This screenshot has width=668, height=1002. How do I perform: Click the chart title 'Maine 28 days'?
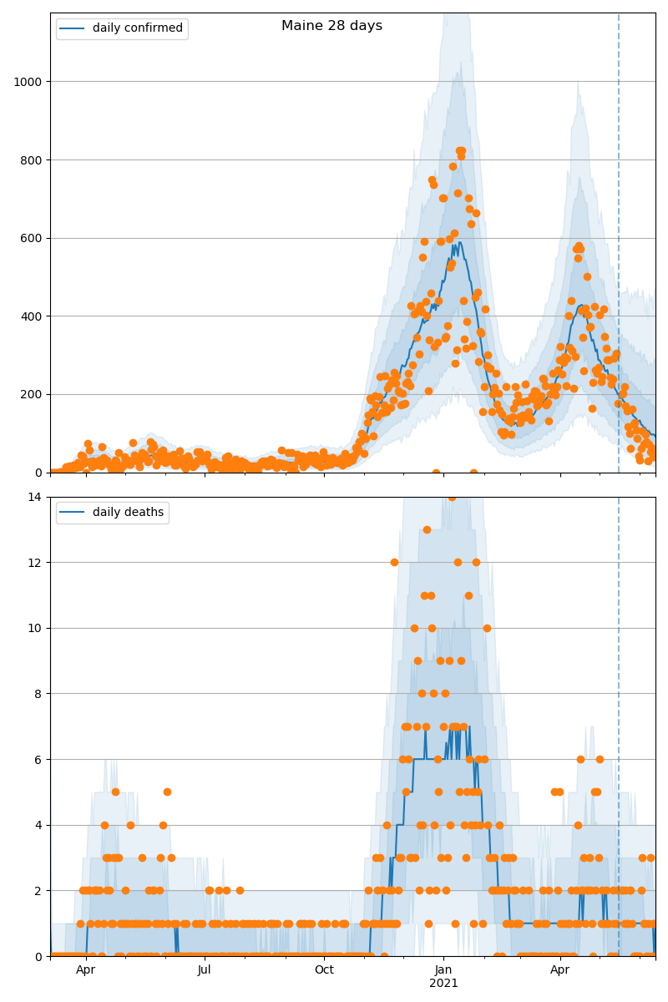331,26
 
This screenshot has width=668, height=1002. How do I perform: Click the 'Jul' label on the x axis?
205,969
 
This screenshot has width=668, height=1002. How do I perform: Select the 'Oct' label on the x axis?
324,969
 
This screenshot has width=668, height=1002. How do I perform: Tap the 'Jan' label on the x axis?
443,969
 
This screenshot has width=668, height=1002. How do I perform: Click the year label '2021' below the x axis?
443,983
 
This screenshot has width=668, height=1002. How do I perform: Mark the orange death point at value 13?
427,529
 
